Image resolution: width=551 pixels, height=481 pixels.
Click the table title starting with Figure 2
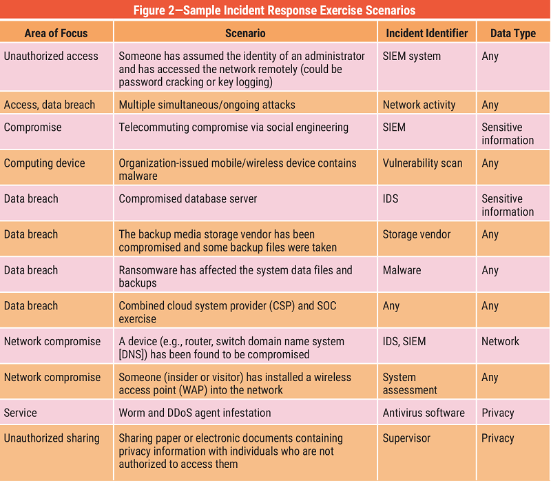click(275, 10)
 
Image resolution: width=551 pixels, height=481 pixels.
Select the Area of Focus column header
click(56, 33)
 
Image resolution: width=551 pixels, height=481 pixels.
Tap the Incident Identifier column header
click(426, 33)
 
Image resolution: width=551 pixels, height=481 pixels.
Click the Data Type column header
click(512, 33)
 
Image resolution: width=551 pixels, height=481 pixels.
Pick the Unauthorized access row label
click(51, 57)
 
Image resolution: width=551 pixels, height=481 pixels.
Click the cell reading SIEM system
click(412, 57)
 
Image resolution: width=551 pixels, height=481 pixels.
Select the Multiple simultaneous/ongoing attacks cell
click(207, 105)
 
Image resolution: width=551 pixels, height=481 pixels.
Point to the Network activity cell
click(419, 105)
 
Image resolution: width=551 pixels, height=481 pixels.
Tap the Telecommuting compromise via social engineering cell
click(233, 127)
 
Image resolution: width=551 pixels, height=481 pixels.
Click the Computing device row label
click(45, 163)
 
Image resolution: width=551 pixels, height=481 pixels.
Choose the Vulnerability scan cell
click(422, 163)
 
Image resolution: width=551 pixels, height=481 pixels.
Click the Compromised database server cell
click(188, 199)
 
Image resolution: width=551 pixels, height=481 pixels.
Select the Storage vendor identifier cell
click(417, 234)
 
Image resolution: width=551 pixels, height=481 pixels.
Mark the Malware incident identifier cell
click(402, 270)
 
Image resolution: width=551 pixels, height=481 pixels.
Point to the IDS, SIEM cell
click(404, 341)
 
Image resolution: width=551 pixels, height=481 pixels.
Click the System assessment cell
click(410, 383)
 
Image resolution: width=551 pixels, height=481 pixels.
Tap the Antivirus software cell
click(424, 413)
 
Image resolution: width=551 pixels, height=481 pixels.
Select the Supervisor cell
click(406, 438)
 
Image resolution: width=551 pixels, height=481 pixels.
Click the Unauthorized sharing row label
click(52, 438)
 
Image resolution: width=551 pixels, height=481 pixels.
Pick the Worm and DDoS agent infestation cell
click(195, 413)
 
